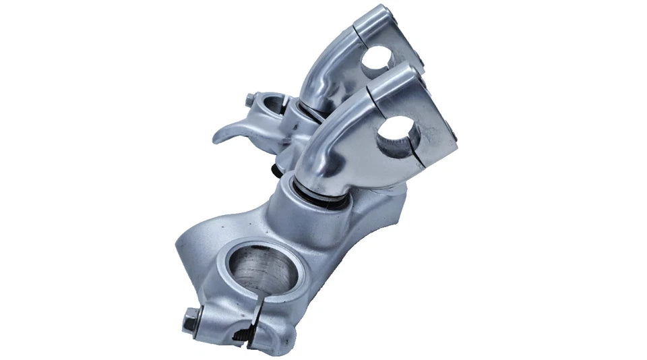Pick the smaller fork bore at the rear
pos(270,107)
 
